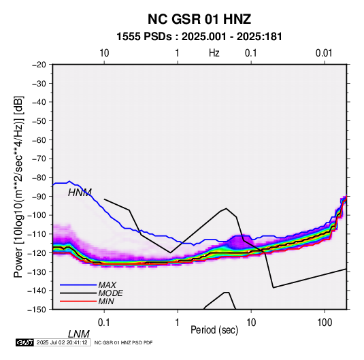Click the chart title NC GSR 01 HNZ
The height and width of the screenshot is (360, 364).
point(199,19)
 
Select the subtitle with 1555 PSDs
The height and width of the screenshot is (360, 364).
point(199,37)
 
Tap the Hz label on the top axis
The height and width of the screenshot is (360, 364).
point(214,53)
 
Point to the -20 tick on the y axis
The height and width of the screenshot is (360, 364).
point(39,65)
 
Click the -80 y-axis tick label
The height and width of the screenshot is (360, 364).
point(39,178)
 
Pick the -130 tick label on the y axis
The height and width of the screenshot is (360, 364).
point(37,272)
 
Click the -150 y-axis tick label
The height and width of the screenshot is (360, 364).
point(37,310)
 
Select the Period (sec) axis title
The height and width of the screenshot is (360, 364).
point(214,330)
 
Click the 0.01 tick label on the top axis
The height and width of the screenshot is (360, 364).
point(324,53)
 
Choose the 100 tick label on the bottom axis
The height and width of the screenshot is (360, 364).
point(325,323)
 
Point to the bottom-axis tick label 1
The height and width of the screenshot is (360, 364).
point(178,323)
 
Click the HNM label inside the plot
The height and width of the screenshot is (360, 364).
point(80,193)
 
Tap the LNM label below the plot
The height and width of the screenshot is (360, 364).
point(79,334)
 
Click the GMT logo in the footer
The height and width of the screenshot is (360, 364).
point(25,342)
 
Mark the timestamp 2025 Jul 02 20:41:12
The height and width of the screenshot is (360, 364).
point(62,342)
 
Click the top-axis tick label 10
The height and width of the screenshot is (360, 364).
point(104,53)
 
